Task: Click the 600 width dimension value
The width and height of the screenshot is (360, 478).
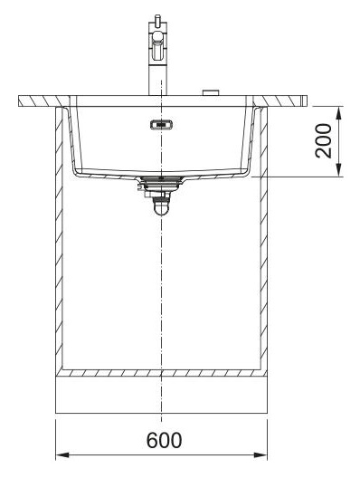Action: [164, 440]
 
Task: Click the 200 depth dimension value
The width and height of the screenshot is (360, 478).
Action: [324, 141]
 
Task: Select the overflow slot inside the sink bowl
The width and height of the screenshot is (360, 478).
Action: [161, 125]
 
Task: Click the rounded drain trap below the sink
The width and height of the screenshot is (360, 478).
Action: [161, 207]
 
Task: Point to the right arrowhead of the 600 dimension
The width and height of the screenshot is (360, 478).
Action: [261, 455]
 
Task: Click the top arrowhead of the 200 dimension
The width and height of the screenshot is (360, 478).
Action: [339, 113]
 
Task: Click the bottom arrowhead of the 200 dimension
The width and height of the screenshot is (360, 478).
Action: [339, 169]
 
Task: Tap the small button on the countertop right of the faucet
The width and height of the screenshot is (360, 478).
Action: [211, 93]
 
